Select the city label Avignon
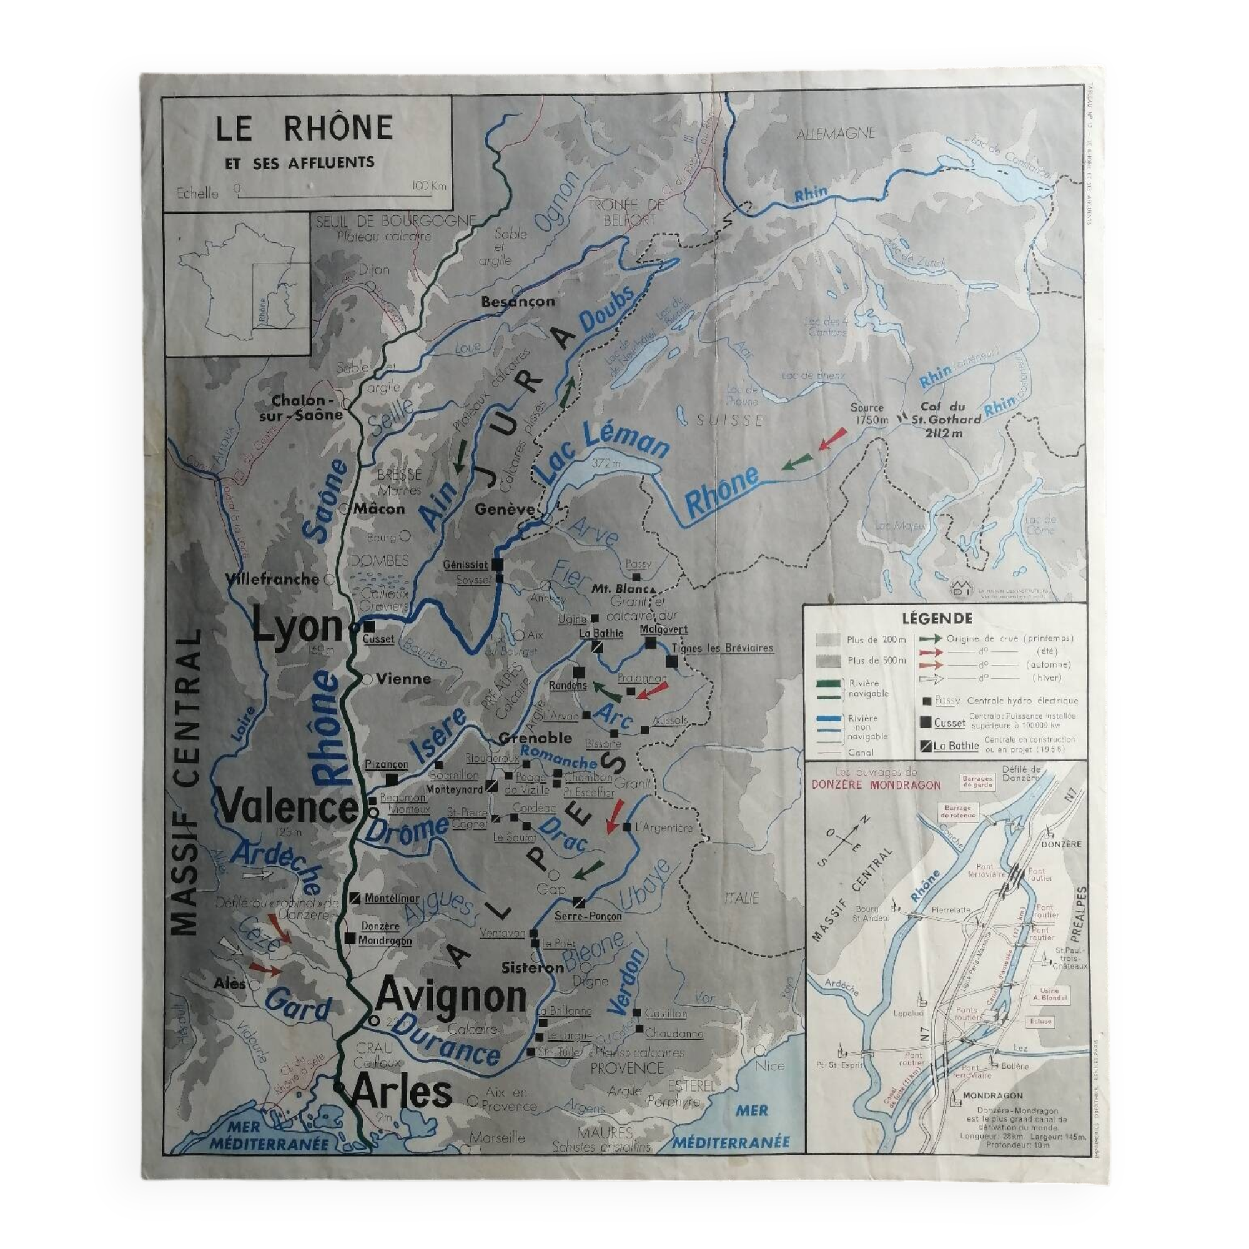pos(452,996)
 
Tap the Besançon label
pos(517,301)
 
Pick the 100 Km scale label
pos(428,187)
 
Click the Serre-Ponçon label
pos(588,916)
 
